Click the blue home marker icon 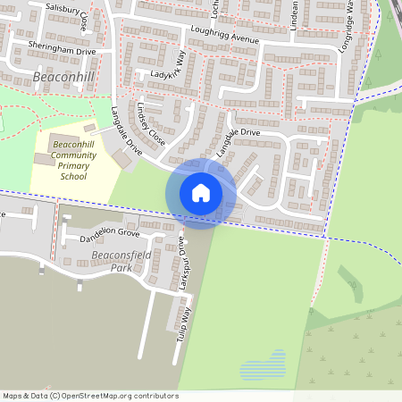(201, 192)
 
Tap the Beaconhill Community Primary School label (73, 160)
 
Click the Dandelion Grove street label (111, 234)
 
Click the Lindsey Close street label (152, 126)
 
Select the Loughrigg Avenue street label (225, 34)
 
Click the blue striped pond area (264, 364)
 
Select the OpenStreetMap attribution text (90, 396)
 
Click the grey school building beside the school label (44, 158)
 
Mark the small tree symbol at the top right (378, 54)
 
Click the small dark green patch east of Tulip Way (349, 284)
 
